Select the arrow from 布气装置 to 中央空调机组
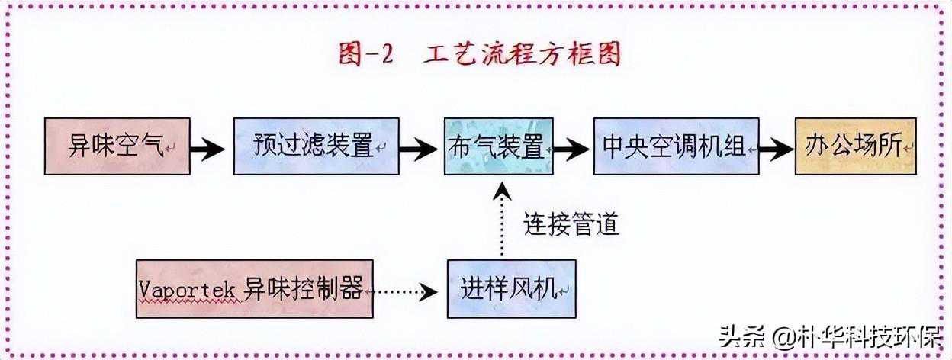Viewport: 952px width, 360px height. pyautogui.click(x=571, y=148)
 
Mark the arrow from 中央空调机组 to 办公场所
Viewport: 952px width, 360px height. pyautogui.click(x=777, y=148)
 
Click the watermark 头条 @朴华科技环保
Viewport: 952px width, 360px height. pyautogui.click(x=827, y=336)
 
